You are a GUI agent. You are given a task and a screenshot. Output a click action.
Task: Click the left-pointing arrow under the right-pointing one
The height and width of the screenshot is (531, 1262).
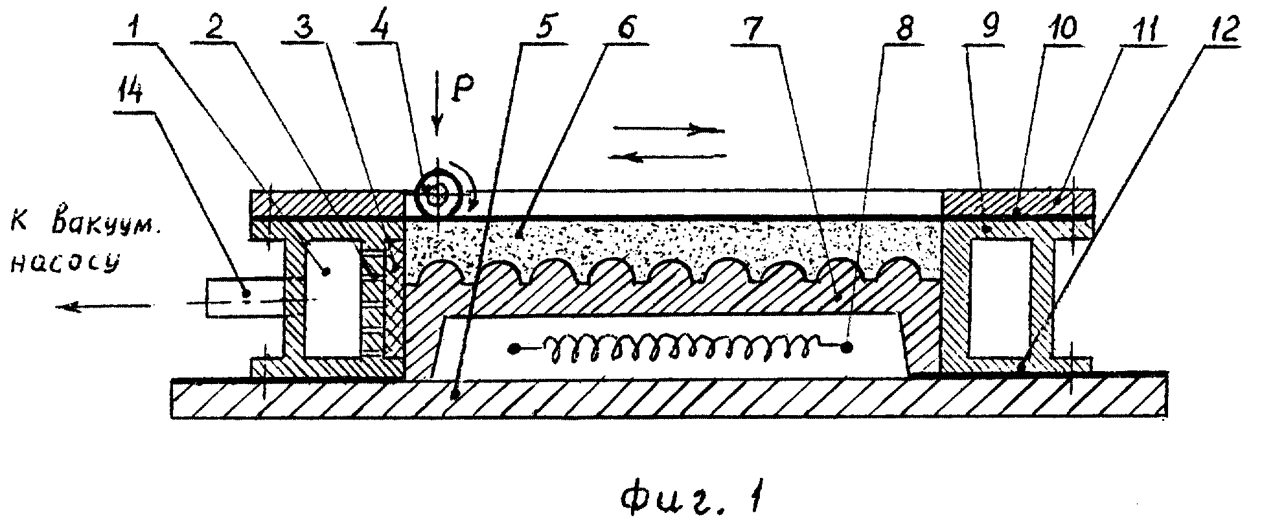pyautogui.click(x=669, y=155)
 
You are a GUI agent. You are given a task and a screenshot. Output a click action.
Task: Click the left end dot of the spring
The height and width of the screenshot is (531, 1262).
pyautogui.click(x=514, y=349)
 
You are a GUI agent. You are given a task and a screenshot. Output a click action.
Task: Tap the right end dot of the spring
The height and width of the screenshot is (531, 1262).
pyautogui.click(x=847, y=348)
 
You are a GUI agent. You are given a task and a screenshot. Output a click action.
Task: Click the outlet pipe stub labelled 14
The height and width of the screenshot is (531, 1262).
pyautogui.click(x=245, y=297)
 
